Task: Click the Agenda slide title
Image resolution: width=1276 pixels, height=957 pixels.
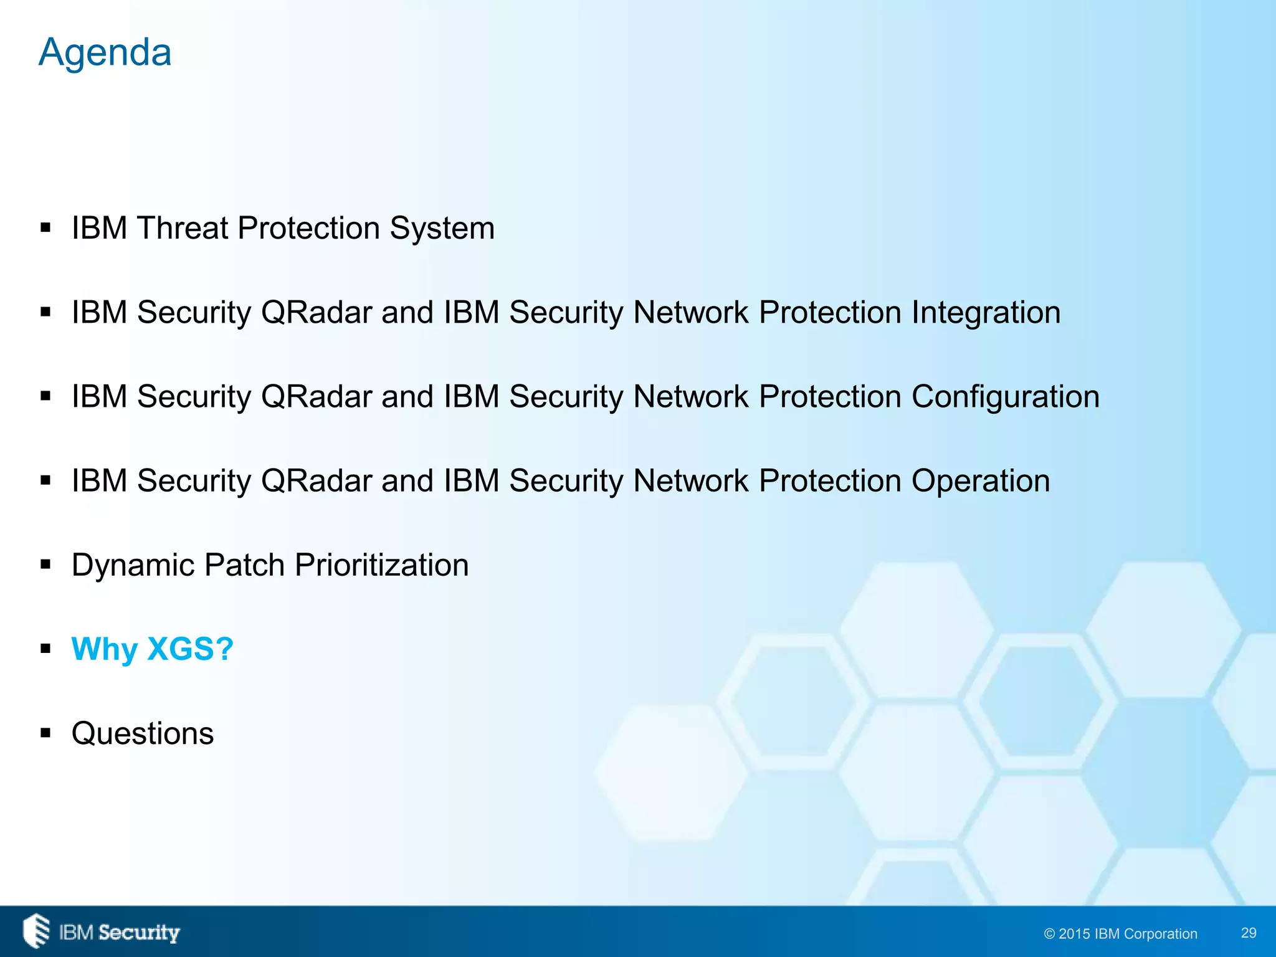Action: tap(105, 52)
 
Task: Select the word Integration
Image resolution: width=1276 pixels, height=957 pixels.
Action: tap(986, 312)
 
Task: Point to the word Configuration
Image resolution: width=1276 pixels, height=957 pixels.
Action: tap(1005, 397)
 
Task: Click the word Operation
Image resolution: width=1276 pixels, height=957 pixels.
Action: tap(981, 481)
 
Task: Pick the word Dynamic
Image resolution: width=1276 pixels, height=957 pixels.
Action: tap(133, 565)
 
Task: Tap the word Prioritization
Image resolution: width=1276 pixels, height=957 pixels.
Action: tap(381, 565)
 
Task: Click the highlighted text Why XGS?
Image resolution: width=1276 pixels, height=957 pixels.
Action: tap(152, 649)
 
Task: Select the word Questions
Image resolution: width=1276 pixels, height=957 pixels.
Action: tap(143, 733)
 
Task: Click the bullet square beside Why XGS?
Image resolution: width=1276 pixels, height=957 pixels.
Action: tap(45, 649)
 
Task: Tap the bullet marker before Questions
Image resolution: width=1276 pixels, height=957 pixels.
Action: tap(45, 733)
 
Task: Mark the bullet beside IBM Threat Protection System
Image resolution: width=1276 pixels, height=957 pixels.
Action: tap(45, 228)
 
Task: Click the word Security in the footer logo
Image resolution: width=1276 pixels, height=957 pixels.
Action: tap(139, 933)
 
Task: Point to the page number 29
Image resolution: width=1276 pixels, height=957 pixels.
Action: tap(1249, 933)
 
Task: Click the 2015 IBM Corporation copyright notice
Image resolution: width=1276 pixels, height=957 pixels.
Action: tap(1120, 933)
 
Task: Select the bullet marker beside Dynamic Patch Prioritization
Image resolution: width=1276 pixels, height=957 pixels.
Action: tap(45, 565)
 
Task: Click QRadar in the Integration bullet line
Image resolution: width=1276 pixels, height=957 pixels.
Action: tap(317, 312)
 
